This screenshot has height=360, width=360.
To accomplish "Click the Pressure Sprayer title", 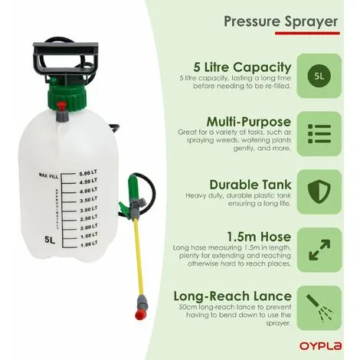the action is [x=281, y=21].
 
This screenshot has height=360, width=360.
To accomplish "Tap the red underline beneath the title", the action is [x=307, y=33].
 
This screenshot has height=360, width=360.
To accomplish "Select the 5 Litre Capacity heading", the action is [x=242, y=67].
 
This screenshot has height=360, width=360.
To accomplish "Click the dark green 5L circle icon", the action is [x=319, y=76].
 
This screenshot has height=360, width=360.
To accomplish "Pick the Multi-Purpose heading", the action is [x=249, y=122].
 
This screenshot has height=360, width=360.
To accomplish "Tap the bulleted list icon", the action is [x=319, y=134].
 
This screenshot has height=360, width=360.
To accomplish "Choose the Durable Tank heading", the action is [x=250, y=185].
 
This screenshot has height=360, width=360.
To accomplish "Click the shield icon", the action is [x=319, y=191].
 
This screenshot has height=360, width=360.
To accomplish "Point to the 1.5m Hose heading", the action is [x=259, y=237].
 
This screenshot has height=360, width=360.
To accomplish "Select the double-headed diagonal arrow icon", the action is [x=319, y=250].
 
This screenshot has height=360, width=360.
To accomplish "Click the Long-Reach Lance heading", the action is [x=232, y=296].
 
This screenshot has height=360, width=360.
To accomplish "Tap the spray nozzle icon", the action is [x=319, y=308].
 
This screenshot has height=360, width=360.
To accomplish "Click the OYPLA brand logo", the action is [x=320, y=345].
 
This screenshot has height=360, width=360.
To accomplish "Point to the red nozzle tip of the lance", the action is [x=141, y=315].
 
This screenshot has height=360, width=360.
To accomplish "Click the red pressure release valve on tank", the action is [x=62, y=106].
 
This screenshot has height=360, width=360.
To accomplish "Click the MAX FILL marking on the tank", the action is [x=48, y=175].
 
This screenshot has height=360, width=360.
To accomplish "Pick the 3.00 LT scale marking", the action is [x=88, y=210].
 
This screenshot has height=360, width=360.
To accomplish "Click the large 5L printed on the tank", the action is [x=50, y=240].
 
